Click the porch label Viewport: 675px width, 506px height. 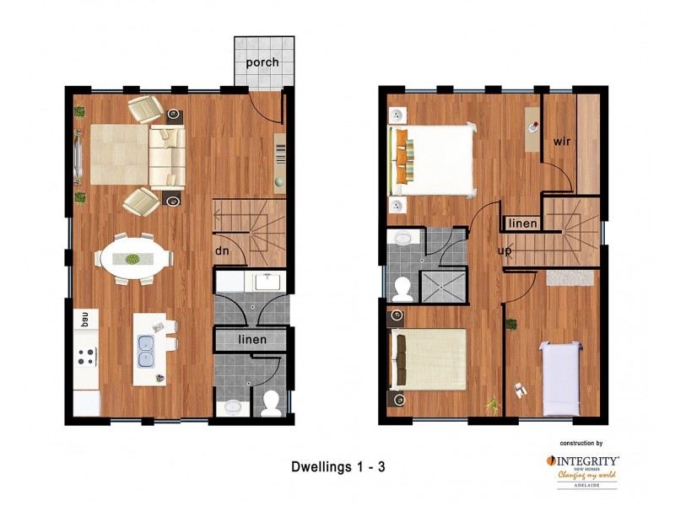[262, 63]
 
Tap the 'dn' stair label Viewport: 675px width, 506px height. [223, 250]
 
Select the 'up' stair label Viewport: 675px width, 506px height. [505, 251]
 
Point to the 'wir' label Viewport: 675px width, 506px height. [562, 141]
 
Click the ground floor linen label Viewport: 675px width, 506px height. [252, 339]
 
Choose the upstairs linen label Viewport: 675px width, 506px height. [522, 223]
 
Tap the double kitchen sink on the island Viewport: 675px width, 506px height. [146, 351]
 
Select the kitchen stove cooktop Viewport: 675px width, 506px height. [86, 357]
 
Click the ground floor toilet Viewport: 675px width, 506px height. [272, 404]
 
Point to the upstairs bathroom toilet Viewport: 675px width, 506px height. [402, 288]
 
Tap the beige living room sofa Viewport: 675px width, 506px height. [167, 156]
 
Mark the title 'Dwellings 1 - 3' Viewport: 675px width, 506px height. [338, 465]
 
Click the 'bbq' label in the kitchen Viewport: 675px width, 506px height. [84, 318]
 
